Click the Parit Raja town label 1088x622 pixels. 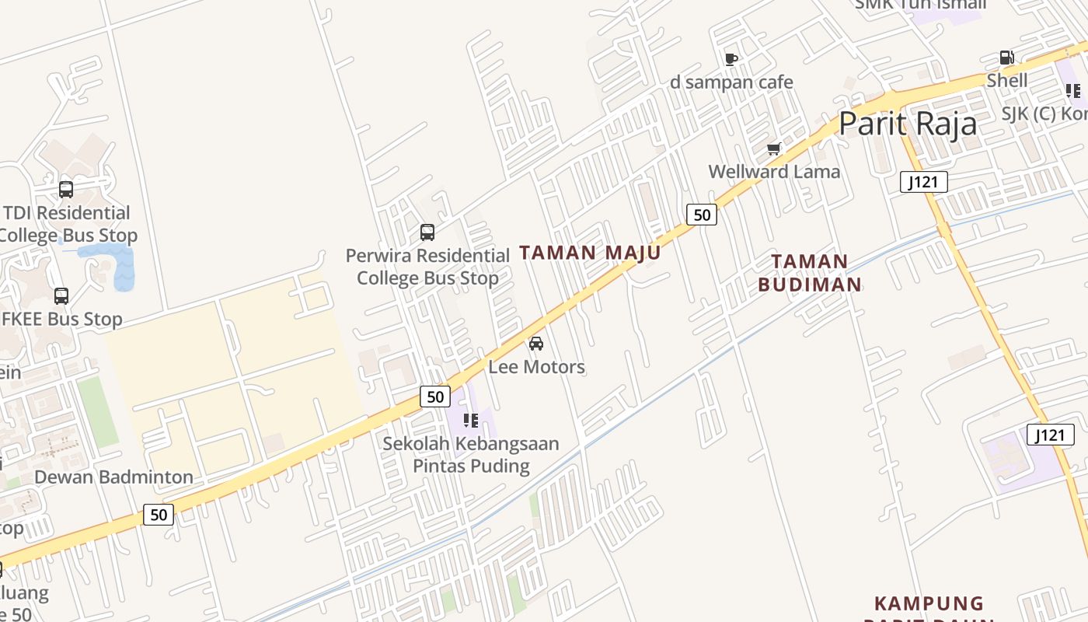click(908, 124)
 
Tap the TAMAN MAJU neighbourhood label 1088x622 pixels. click(590, 253)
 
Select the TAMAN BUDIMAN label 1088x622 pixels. click(810, 273)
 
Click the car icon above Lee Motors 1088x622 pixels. click(536, 343)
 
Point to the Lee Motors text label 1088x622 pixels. click(536, 366)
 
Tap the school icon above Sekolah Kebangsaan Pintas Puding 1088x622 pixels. click(471, 421)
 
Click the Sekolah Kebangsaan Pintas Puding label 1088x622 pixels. click(471, 455)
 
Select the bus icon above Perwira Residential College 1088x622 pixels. click(427, 232)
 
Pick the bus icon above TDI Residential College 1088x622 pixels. click(66, 189)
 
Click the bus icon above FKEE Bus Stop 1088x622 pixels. click(61, 295)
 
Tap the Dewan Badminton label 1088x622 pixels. click(114, 477)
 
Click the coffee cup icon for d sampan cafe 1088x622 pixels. click(731, 59)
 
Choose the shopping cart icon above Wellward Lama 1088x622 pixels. click(773, 149)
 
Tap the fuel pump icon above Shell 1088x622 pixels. click(1006, 58)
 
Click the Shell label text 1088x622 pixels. click(1007, 80)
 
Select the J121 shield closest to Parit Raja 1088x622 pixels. click(924, 183)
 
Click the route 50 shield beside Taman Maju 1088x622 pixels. click(701, 215)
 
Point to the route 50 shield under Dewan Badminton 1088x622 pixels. click(159, 514)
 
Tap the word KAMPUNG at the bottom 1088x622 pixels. click(929, 603)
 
